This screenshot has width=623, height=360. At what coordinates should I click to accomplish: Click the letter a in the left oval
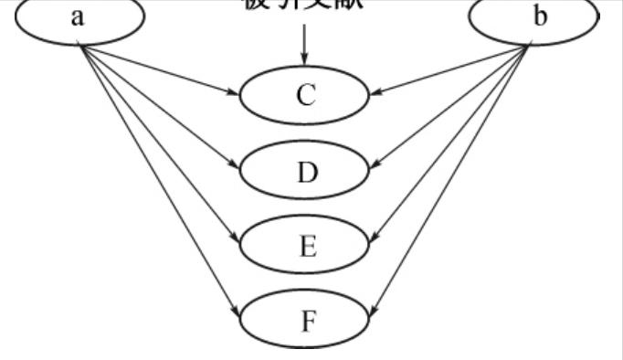click(x=79, y=17)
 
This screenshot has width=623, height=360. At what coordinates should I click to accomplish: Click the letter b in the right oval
click(x=541, y=17)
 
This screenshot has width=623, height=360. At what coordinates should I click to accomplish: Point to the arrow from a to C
click(x=160, y=69)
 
